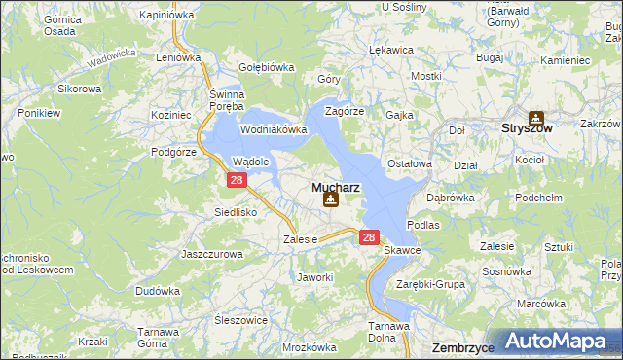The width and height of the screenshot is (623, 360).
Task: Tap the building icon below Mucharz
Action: pos(331,199)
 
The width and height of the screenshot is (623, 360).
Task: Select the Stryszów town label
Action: pos(527,127)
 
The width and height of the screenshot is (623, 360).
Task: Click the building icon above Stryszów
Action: pos(535,117)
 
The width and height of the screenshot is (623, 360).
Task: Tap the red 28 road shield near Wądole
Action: pos(236,181)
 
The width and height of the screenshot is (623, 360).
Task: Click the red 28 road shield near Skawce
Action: pos(368,236)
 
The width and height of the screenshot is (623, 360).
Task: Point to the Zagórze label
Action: pos(344,111)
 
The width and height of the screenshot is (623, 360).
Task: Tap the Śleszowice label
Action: pos(240,319)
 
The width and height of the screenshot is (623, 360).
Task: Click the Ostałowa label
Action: pos(409,163)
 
